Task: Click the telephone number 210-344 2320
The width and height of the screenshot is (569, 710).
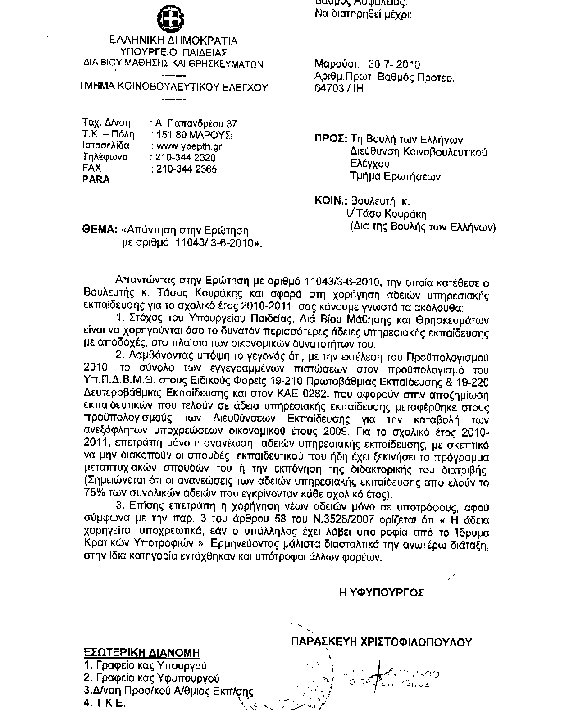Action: [185, 157]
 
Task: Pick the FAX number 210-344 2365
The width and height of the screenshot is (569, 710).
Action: [185, 169]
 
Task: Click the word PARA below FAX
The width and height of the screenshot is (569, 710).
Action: [96, 179]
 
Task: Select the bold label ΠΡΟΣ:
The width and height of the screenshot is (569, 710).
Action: [330, 139]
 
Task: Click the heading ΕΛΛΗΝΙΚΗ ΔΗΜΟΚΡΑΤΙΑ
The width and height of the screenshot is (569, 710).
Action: [174, 41]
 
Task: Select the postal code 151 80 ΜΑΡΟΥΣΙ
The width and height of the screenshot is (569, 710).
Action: [193, 135]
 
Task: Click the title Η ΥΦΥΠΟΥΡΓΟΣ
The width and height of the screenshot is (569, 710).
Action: [381, 592]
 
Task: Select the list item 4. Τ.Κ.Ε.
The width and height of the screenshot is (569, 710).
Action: [104, 703]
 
